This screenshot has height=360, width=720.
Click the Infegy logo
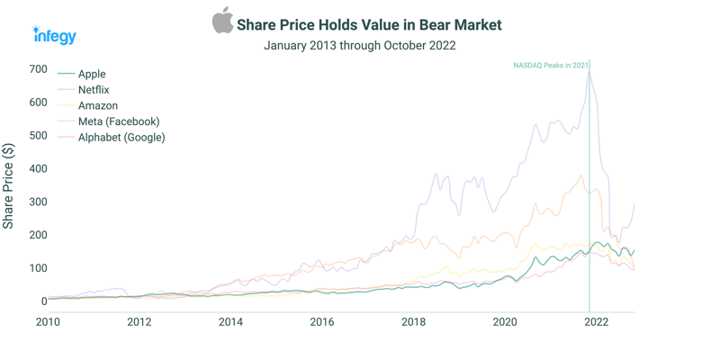coord(55,35)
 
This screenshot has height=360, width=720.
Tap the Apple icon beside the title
coord(222,21)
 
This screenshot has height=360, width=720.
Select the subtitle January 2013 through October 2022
coord(359,45)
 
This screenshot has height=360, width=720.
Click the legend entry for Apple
coord(91,74)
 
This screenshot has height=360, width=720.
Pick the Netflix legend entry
coord(94,90)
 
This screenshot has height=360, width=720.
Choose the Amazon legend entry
coord(97,105)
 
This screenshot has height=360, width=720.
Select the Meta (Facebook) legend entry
coord(118,121)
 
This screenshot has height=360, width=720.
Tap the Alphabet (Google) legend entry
coord(121,138)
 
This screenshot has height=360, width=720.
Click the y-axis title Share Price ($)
coord(9,185)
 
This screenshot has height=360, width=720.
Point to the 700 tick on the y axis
coord(37,69)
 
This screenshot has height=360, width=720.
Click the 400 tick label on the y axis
coord(37,169)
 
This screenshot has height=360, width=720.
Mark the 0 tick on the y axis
coord(42,301)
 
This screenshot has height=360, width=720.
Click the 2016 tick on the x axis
coord(321,322)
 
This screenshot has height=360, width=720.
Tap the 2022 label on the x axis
coord(596,322)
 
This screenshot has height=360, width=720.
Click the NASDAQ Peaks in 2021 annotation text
coord(550,66)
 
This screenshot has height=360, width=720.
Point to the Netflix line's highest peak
coord(589,73)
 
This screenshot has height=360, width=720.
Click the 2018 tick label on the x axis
coord(413,322)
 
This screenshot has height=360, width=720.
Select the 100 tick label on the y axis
coord(37,268)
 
